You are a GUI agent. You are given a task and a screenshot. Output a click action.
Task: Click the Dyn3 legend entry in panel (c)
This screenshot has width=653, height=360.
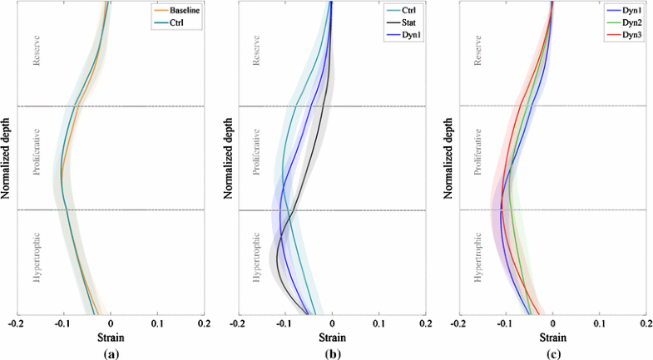coord(625,36)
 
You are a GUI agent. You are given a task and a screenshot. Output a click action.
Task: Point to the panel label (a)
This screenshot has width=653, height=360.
coord(110,353)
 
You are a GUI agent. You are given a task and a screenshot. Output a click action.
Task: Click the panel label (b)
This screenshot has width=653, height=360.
coord(331,353)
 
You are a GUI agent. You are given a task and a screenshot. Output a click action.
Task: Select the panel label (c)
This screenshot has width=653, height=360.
coord(552,353)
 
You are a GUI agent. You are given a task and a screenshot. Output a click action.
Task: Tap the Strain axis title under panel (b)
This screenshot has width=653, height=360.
coord(331,338)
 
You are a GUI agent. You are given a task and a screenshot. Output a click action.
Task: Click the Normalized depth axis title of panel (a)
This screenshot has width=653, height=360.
coord(6,158)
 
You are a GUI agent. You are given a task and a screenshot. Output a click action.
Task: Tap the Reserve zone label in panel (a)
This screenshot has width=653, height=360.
coord(36,52)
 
